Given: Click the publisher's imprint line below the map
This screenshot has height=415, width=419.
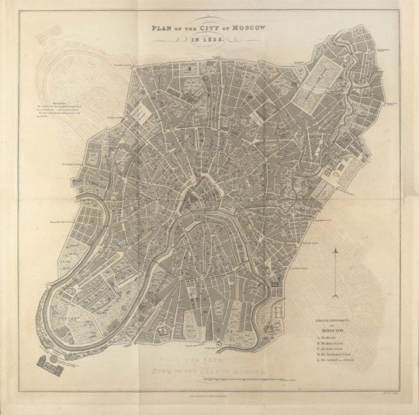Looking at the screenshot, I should [x=209, y=396].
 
